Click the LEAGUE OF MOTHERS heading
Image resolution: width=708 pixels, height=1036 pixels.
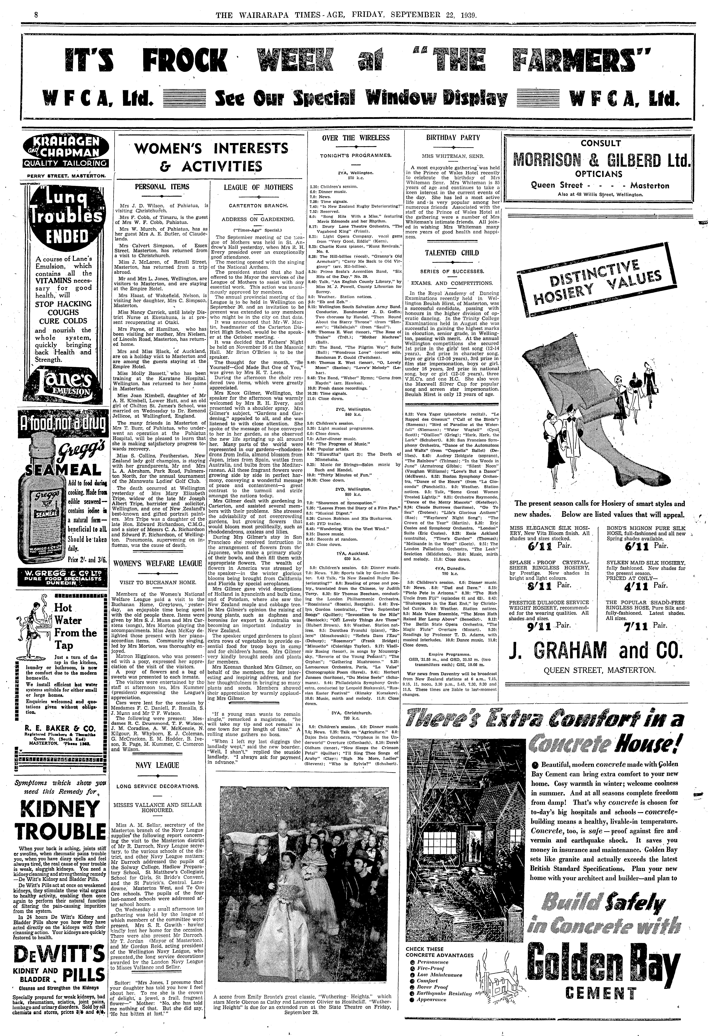pos(252,187)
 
